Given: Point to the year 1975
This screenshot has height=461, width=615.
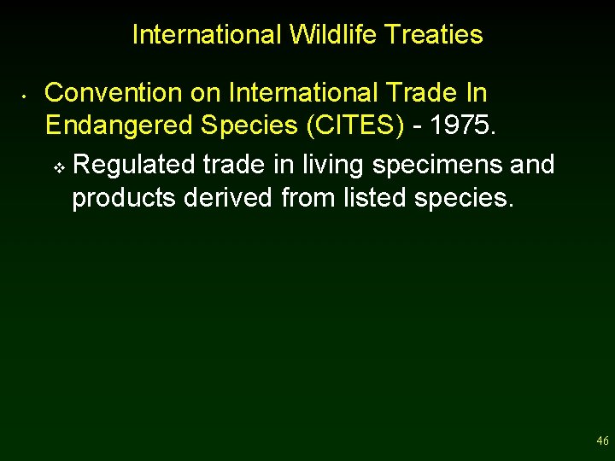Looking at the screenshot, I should pyautogui.click(x=463, y=125).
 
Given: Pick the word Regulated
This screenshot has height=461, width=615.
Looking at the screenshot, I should pyautogui.click(x=135, y=164).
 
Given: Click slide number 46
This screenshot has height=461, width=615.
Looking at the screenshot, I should pyautogui.click(x=602, y=441).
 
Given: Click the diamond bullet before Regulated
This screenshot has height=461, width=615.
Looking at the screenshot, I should pyautogui.click(x=58, y=166).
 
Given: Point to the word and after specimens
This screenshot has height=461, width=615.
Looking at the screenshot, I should pyautogui.click(x=531, y=164).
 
